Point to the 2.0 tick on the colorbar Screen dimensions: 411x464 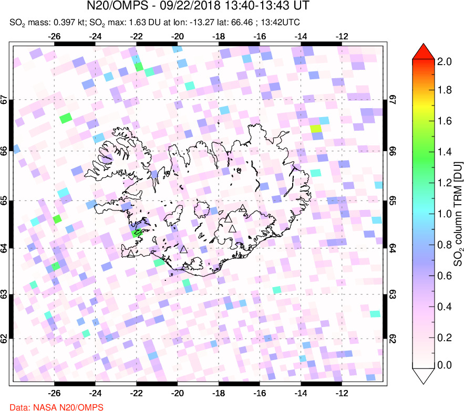coord(445,61)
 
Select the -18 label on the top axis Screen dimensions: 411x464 coord(219,37)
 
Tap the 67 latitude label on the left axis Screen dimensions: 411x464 coord(5,100)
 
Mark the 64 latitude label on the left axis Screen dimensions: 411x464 coord(5,249)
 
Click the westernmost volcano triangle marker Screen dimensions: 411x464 coord(131,254)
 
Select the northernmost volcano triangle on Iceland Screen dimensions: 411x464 coord(242,208)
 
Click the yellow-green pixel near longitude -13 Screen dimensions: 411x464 coord(315,129)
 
